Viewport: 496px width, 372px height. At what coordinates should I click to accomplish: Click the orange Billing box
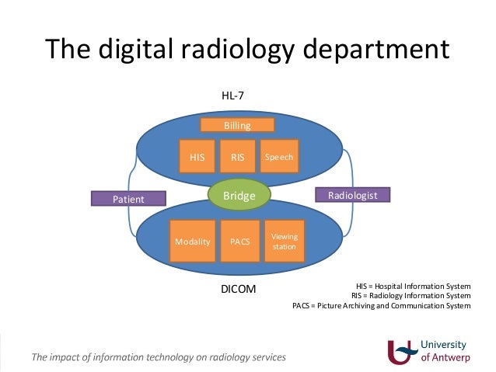237,125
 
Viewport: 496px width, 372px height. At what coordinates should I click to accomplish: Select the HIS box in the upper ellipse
197,157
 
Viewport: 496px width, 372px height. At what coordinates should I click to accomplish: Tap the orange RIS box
237,157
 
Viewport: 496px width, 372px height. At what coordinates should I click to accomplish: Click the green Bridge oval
239,196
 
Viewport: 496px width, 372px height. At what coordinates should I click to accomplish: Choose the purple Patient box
129,199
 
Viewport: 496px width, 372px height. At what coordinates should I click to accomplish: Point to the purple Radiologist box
351,196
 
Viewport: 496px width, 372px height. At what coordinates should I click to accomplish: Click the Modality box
192,241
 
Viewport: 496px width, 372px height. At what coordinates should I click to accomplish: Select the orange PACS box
239,241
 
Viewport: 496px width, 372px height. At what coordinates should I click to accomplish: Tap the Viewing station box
283,241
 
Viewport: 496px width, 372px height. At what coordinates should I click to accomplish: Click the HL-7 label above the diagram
233,96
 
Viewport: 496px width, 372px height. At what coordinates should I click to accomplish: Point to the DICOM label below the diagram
239,290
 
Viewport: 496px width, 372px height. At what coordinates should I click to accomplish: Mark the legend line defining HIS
413,286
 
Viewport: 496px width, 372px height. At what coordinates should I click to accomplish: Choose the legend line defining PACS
381,305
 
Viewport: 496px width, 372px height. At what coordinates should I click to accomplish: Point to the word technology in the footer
160,358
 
